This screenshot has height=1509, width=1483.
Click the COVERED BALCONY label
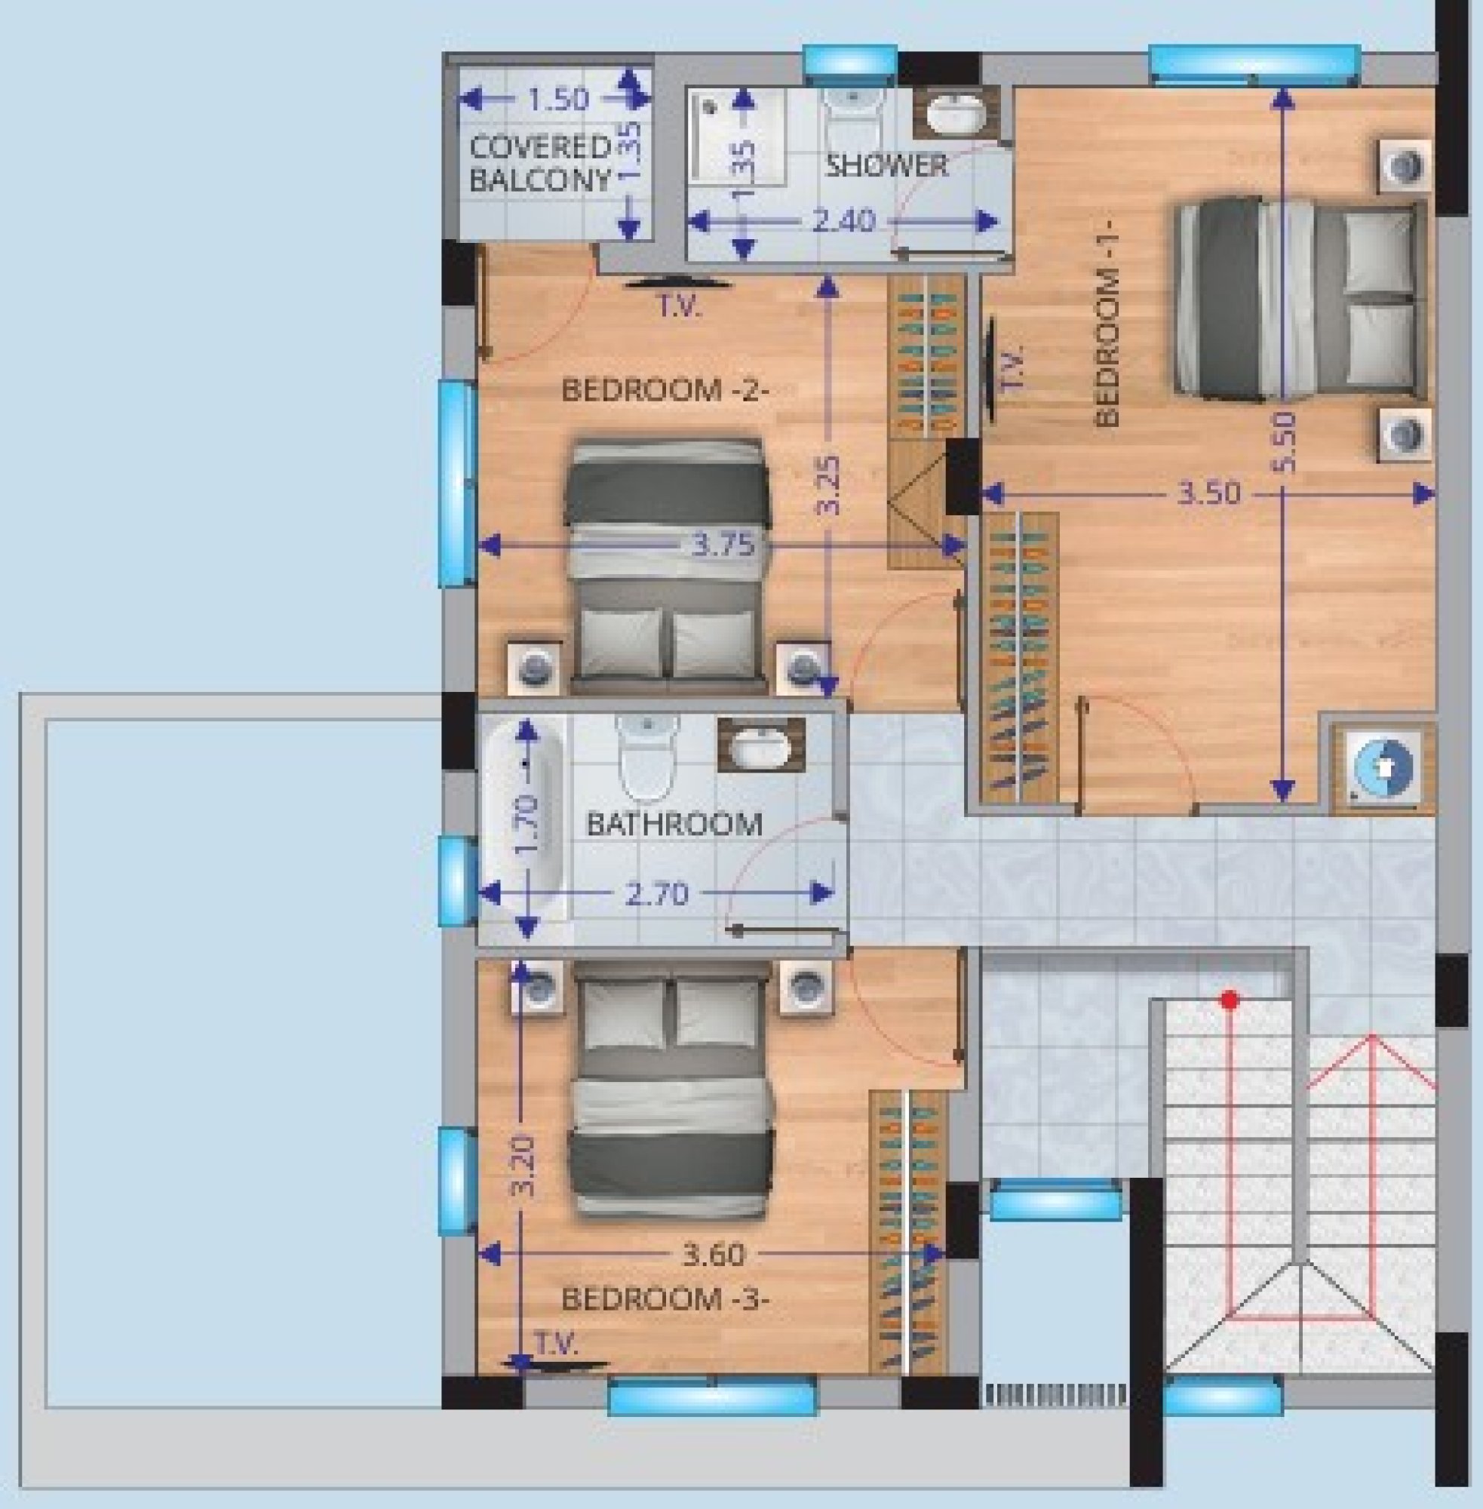[x=540, y=164]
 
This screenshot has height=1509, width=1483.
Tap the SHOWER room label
[x=886, y=165]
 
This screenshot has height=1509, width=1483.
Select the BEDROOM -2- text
[x=665, y=389]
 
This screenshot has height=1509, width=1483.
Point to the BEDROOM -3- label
[x=665, y=1298]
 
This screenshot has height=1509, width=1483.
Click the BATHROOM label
[x=674, y=823]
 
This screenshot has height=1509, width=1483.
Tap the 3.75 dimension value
[x=723, y=546]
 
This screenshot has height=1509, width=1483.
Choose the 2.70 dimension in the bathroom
[x=657, y=893]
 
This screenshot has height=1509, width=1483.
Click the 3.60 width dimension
[x=714, y=1254]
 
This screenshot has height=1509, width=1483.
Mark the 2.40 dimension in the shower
[x=843, y=222]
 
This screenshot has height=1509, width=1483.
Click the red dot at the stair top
[x=1230, y=1000]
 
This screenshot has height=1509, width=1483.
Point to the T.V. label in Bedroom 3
[x=556, y=1342]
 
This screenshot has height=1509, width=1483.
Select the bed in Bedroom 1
[x=1299, y=301]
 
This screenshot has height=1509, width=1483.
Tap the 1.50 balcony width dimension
[x=557, y=100]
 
